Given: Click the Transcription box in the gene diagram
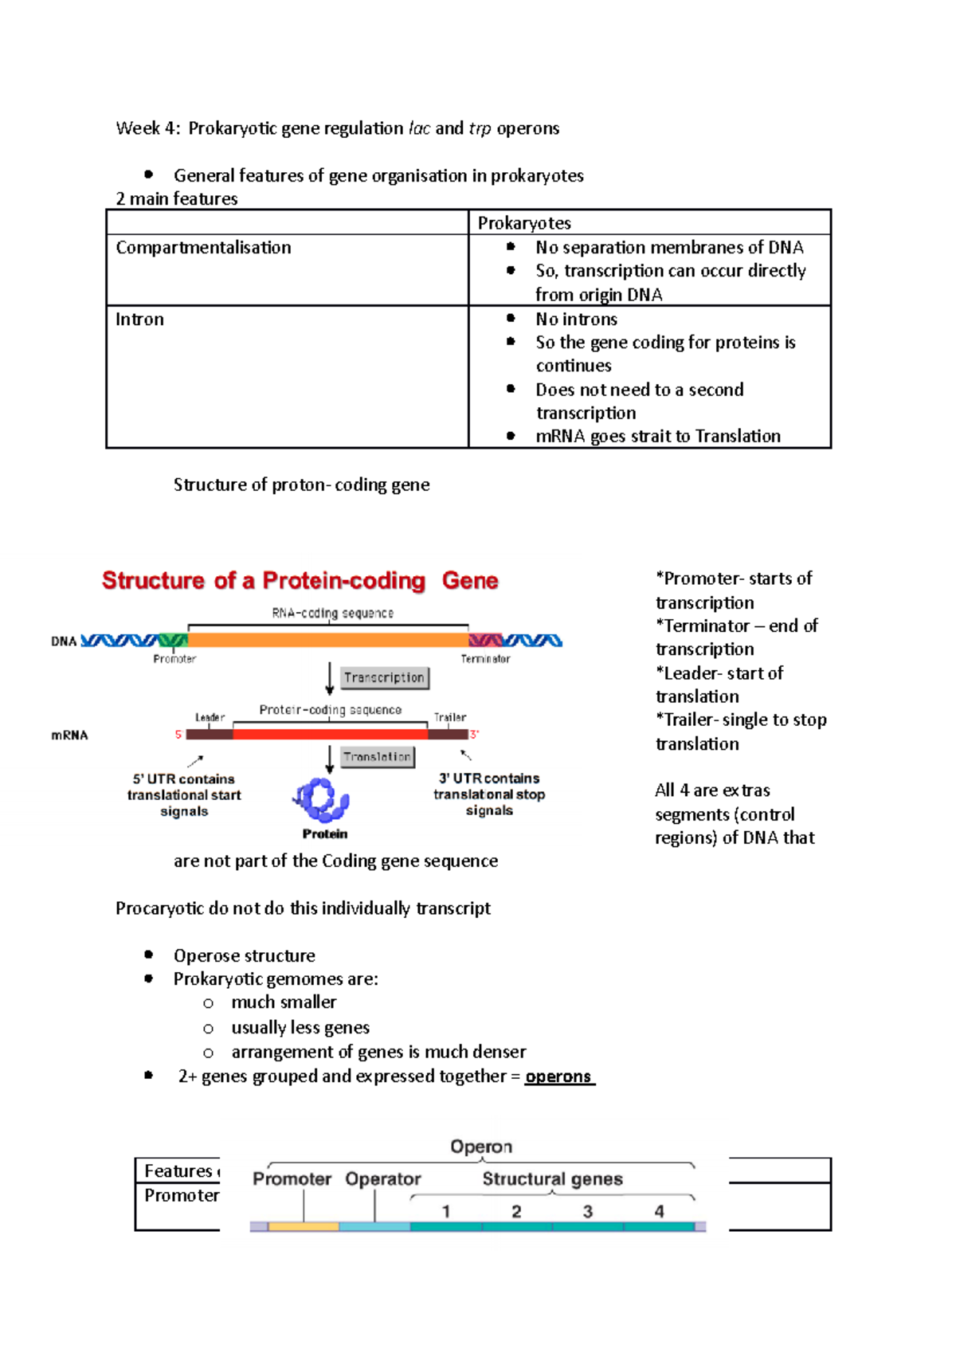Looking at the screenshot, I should [x=385, y=678].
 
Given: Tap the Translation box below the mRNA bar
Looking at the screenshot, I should [x=378, y=757].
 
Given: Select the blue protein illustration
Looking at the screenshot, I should [x=323, y=799].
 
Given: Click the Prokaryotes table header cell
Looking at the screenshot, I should [x=524, y=223].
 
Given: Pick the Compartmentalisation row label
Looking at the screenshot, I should [x=203, y=248].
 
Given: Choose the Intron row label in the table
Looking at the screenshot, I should [x=139, y=320].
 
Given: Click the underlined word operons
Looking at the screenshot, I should [x=558, y=1077].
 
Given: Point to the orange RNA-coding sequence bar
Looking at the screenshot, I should [x=327, y=640].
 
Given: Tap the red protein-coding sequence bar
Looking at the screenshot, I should [x=330, y=734].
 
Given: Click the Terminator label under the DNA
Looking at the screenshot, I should [x=485, y=659].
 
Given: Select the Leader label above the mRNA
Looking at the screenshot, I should [x=210, y=717].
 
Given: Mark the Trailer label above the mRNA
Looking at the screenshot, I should [x=450, y=717].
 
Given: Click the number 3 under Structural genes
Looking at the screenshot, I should [x=588, y=1212].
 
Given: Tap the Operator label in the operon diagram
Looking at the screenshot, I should [x=383, y=1179].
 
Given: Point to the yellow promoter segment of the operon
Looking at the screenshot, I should [x=304, y=1227].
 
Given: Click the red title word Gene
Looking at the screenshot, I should [x=470, y=581].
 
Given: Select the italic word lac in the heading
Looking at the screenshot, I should [x=419, y=128].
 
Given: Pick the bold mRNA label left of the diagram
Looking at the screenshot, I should [x=69, y=735].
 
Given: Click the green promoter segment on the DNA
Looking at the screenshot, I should [x=173, y=640].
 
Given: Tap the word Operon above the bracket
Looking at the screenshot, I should [x=481, y=1147].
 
